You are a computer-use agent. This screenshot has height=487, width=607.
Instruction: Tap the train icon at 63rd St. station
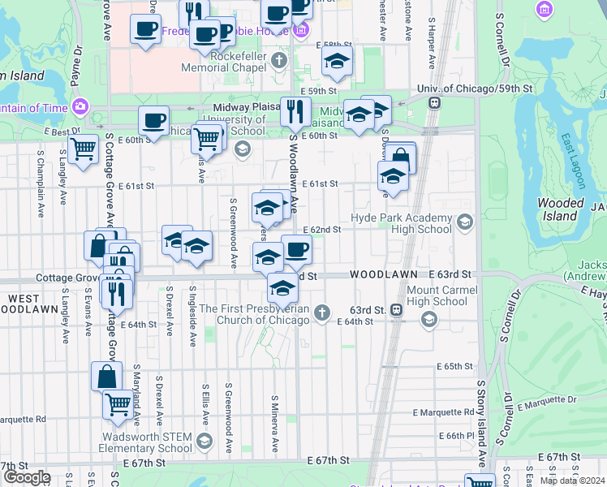(x=396, y=309)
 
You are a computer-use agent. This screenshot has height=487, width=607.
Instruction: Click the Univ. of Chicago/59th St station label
(x=474, y=88)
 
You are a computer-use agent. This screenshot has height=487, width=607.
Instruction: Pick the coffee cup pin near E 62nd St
(x=296, y=249)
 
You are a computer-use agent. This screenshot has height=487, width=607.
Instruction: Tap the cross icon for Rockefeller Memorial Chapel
(x=279, y=61)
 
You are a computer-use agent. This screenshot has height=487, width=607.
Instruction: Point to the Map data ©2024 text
(x=572, y=480)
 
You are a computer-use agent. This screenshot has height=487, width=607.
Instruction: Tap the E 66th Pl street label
(x=452, y=435)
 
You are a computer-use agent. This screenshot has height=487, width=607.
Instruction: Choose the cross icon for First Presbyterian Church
(x=322, y=312)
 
